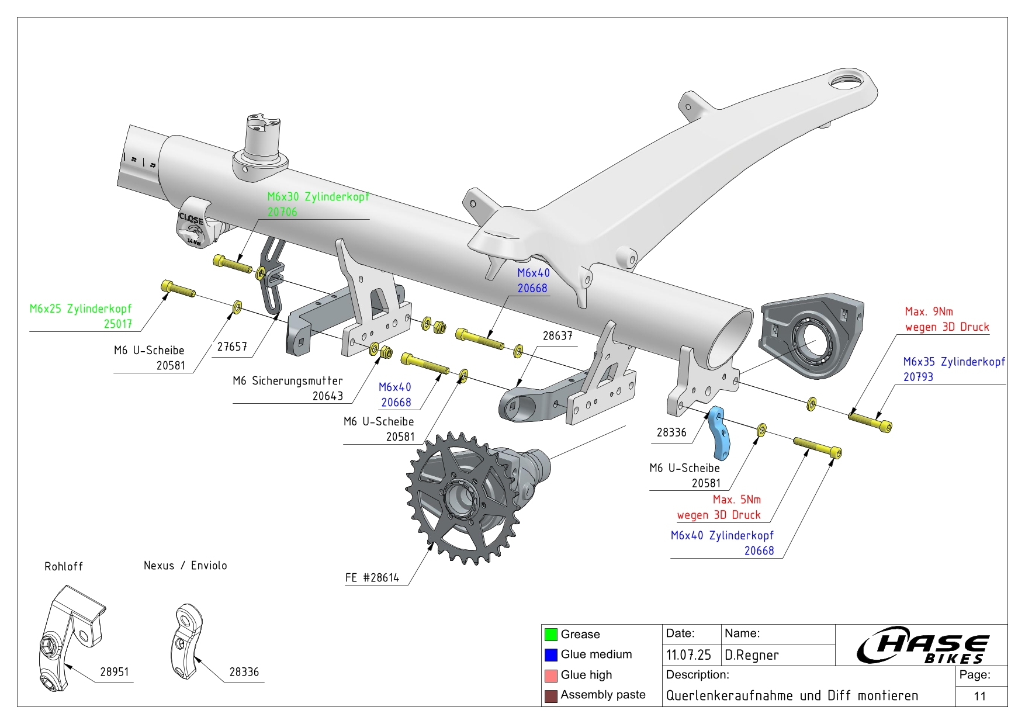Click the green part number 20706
(x=282, y=212)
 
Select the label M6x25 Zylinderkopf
(x=81, y=309)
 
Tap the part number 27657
(x=232, y=347)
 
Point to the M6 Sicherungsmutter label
(x=288, y=381)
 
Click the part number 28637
(x=557, y=336)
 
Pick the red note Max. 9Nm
(x=929, y=311)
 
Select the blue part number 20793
(x=918, y=377)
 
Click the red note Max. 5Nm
(x=736, y=500)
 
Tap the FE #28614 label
(x=372, y=578)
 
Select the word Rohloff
(x=64, y=567)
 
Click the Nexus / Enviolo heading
(x=185, y=566)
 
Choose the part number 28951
(x=114, y=672)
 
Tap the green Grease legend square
(x=550, y=635)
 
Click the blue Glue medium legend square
(x=550, y=654)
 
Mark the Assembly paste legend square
(x=550, y=696)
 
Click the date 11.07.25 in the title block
(x=688, y=655)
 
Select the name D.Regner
(x=752, y=655)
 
